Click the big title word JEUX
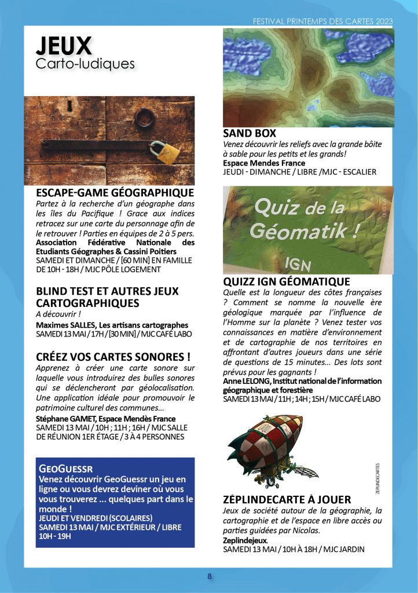(64, 45)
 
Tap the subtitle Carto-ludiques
(85, 63)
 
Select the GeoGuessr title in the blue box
(65, 468)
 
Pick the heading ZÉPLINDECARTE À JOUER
(287, 499)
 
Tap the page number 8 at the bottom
(210, 576)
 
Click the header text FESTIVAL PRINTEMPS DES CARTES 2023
(323, 21)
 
